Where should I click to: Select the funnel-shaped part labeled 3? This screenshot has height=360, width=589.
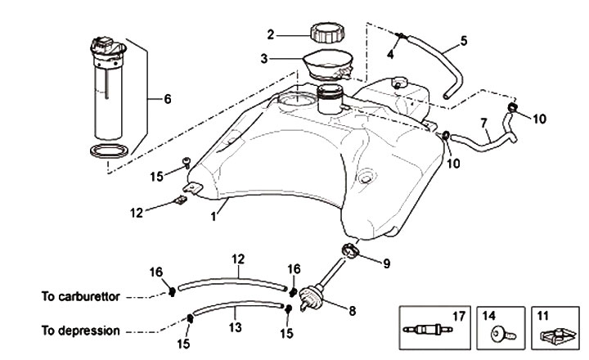tap(328, 65)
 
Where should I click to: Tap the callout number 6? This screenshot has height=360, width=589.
tap(167, 99)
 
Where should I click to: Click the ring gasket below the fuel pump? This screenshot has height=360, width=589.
tap(110, 151)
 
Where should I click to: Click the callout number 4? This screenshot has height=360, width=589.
tap(390, 55)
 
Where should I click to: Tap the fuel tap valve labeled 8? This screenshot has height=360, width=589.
tap(312, 298)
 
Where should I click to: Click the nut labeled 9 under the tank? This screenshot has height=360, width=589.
tap(350, 250)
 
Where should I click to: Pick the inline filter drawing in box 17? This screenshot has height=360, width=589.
tap(428, 330)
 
